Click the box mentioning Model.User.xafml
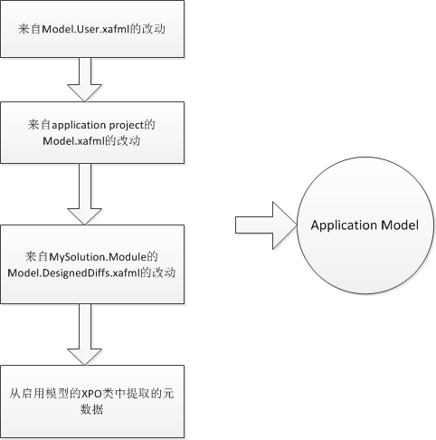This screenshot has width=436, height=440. click(92, 29)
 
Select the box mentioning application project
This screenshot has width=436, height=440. click(92, 131)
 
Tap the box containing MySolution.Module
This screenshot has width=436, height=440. click(92, 263)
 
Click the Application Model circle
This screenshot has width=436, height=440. click(365, 225)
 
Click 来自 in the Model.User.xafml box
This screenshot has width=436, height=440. click(29, 30)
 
